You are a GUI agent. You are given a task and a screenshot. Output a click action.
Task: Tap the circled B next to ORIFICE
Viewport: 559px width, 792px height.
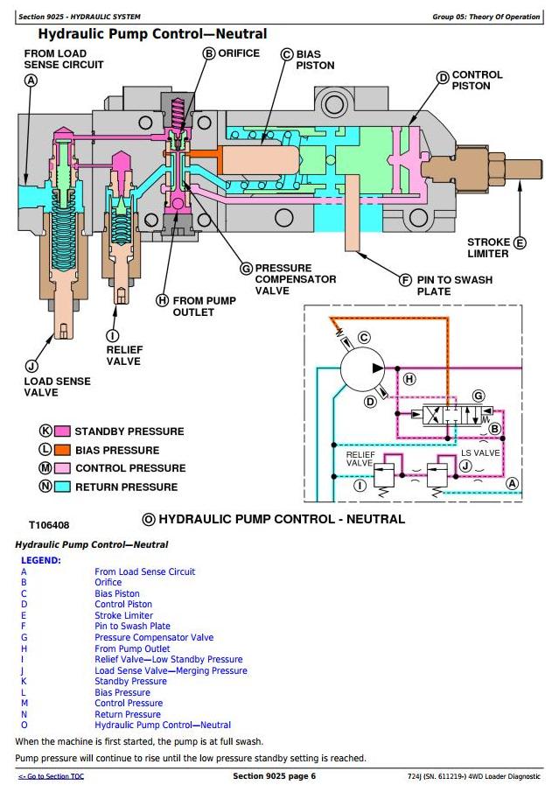(208, 53)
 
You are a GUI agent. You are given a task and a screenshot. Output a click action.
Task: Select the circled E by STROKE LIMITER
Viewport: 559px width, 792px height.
(520, 242)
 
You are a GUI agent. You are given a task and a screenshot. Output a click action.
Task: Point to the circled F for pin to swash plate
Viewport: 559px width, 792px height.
(405, 280)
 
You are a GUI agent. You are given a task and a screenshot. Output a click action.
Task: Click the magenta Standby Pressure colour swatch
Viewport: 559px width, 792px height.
(62, 431)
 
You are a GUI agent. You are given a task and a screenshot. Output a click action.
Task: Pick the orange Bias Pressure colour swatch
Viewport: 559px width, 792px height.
(62, 450)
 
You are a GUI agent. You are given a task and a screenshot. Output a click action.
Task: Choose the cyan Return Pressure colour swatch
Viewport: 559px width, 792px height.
(62, 487)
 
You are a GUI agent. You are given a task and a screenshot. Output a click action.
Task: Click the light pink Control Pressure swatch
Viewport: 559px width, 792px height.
(62, 468)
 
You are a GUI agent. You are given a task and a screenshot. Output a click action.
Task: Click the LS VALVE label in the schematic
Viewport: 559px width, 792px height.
(480, 452)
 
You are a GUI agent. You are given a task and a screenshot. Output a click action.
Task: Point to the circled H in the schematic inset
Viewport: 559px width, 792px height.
(409, 379)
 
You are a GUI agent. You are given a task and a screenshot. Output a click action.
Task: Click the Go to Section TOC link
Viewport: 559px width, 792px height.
(52, 776)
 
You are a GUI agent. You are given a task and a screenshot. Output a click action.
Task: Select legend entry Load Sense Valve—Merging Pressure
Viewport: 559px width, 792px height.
(171, 670)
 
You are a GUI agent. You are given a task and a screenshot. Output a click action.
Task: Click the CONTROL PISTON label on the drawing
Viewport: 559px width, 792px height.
(477, 81)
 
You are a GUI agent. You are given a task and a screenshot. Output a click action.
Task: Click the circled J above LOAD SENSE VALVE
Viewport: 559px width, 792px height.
(32, 366)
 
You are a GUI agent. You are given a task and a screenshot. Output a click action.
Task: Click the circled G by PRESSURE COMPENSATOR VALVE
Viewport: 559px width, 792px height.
(246, 268)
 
